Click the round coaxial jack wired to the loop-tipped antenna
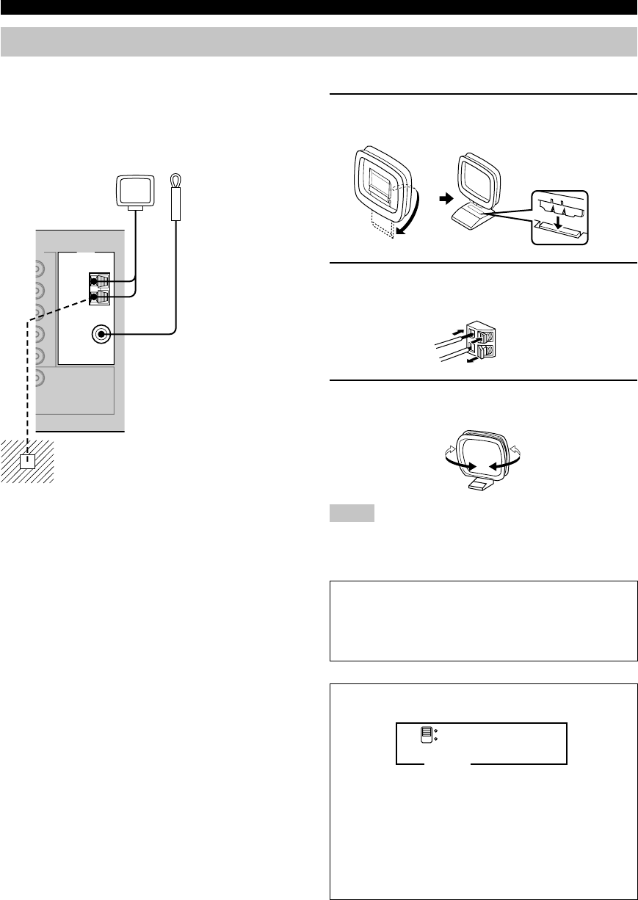(x=101, y=335)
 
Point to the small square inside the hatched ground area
(x=27, y=461)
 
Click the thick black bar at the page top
(x=319, y=7)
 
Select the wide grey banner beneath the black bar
(x=319, y=42)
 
